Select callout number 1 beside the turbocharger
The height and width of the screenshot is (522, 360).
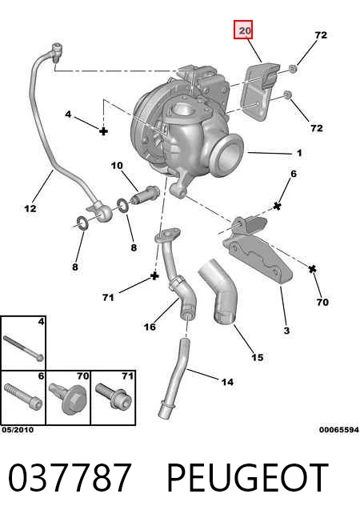pyautogui.click(x=299, y=153)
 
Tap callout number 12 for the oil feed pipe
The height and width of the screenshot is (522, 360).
pyautogui.click(x=30, y=208)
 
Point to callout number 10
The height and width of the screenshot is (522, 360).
pyautogui.click(x=117, y=166)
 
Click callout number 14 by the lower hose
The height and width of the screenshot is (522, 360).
pyautogui.click(x=227, y=382)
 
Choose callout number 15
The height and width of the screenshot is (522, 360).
pyautogui.click(x=257, y=357)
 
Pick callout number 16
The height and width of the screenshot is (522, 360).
pyautogui.click(x=150, y=327)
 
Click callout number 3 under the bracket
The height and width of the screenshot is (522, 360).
pyautogui.click(x=286, y=330)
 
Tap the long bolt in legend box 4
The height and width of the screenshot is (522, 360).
pyautogui.click(x=23, y=348)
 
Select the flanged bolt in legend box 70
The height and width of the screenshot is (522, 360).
pyautogui.click(x=67, y=399)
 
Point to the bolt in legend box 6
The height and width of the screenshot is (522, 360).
pyautogui.click(x=22, y=397)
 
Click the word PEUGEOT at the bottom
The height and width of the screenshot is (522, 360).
pyautogui.click(x=247, y=477)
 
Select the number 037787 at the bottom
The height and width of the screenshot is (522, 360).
pyautogui.click(x=70, y=477)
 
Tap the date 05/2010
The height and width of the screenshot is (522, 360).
pyautogui.click(x=18, y=430)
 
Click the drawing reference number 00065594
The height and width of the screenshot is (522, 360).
pyautogui.click(x=339, y=430)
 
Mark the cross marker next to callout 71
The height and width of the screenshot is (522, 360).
pyautogui.click(x=154, y=275)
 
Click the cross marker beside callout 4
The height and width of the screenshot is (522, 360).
pyautogui.click(x=104, y=130)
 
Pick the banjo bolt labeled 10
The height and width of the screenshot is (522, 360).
pyautogui.click(x=144, y=195)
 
